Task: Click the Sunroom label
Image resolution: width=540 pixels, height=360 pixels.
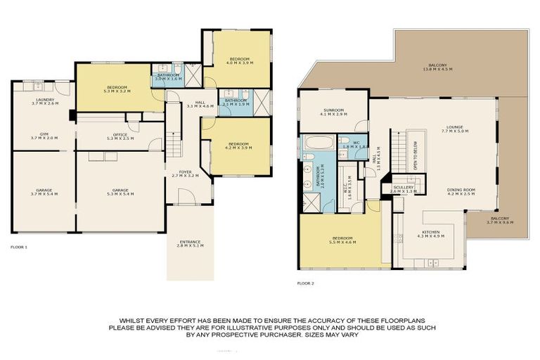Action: coord(333,112)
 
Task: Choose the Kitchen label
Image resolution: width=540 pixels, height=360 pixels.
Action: coord(431,233)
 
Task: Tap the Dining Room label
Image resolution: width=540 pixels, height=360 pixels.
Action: coord(461,191)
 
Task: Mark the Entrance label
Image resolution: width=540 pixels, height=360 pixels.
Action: coord(190,243)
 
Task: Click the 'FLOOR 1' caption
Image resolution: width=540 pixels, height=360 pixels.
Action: coord(19,247)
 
